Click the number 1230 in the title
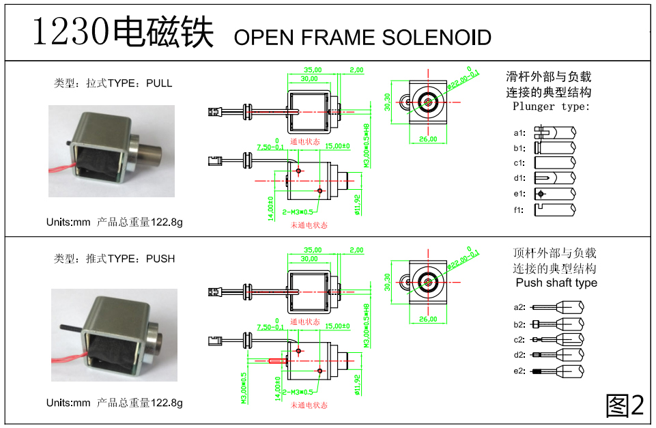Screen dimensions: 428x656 tap(71, 32)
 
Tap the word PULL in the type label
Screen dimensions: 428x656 tap(159, 83)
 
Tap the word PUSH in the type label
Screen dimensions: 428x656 tap(160, 259)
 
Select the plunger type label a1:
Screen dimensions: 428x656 tap(519, 132)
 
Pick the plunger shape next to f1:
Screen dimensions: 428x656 tap(554, 210)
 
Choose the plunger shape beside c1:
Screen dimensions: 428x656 tap(554, 162)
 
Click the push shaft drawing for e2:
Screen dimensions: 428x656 tap(557, 371)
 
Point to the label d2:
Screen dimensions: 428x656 tap(519, 355)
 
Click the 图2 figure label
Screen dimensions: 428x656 tap(625, 406)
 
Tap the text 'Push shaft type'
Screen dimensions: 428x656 tap(556, 283)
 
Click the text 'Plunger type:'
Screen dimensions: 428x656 tap(551, 106)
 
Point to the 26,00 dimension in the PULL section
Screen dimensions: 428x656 tap(427, 139)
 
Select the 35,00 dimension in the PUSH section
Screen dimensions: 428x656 tap(313, 250)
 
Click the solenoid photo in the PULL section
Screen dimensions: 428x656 tap(111, 151)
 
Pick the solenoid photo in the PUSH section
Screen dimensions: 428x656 tap(114, 334)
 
